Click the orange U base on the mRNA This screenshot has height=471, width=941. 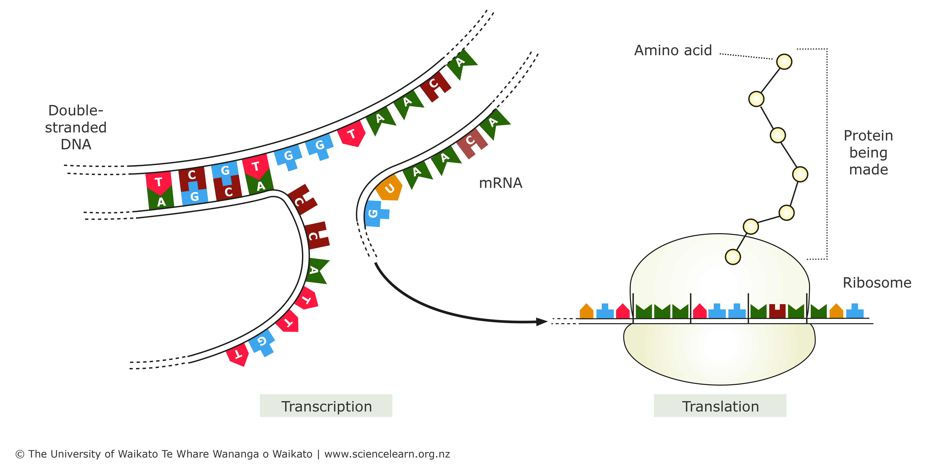pyautogui.click(x=389, y=188)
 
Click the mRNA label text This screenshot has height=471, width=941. pyautogui.click(x=500, y=183)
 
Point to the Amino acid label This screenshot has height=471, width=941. pyautogui.click(x=673, y=50)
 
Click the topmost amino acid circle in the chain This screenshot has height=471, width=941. pyautogui.click(x=784, y=61)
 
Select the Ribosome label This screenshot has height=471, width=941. pyautogui.click(x=877, y=283)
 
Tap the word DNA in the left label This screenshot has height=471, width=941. pyautogui.click(x=76, y=144)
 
